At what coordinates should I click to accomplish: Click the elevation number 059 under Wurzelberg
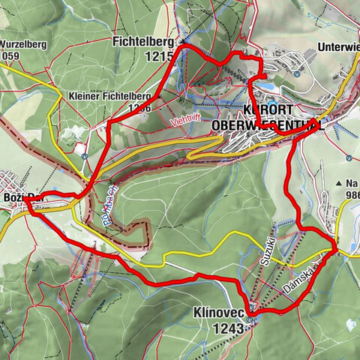click(12, 55)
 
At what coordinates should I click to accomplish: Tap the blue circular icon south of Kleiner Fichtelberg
click(85, 157)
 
